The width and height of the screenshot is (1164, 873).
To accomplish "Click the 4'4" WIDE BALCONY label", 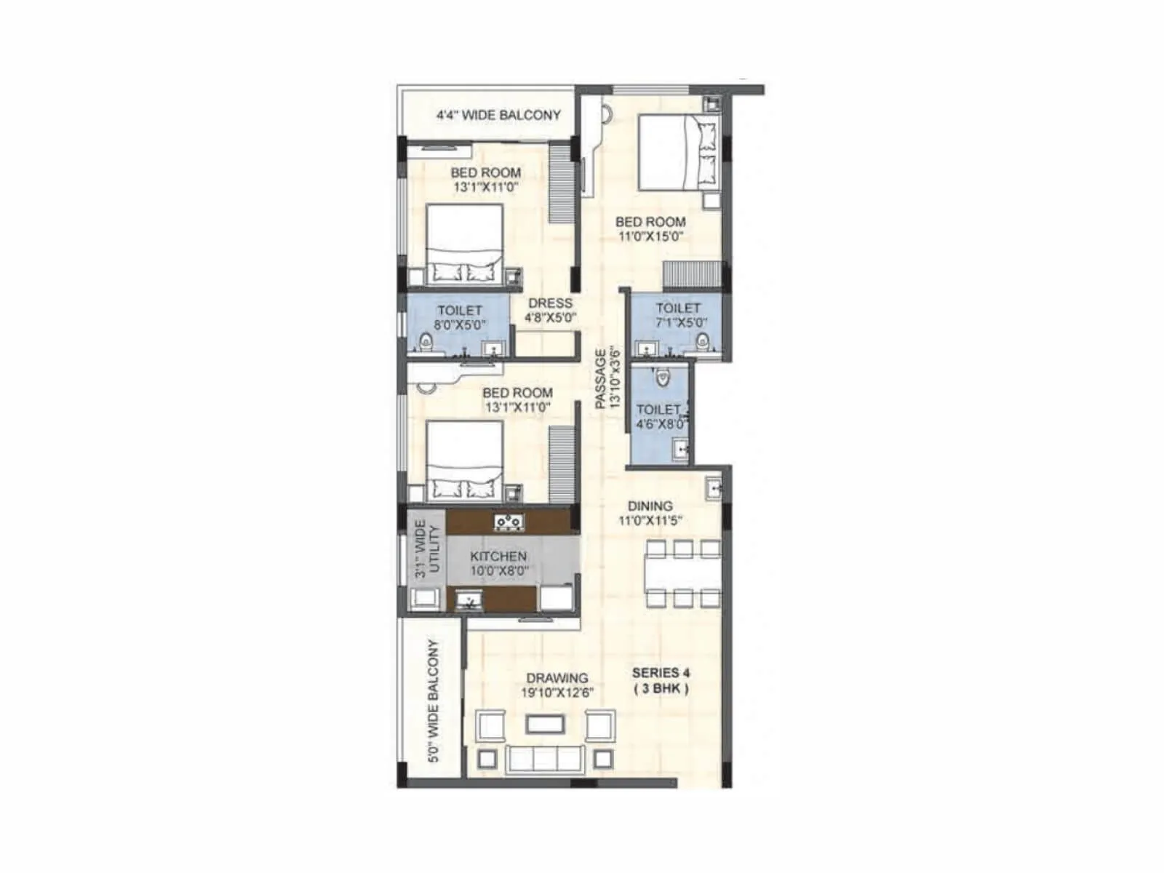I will (498, 115).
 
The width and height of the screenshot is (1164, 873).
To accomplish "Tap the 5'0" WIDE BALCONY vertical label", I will (434, 701).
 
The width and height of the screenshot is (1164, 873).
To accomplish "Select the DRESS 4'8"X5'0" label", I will (550, 310).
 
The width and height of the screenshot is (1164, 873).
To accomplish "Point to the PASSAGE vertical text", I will (607, 378).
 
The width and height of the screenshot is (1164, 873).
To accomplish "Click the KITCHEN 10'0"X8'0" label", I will (498, 563).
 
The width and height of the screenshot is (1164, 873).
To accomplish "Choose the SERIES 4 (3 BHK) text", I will (661, 680).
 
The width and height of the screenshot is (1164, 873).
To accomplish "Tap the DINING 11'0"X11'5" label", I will (650, 513).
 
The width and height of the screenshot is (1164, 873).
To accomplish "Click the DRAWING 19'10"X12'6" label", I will (558, 685).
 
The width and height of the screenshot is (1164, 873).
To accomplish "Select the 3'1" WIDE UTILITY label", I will (428, 549).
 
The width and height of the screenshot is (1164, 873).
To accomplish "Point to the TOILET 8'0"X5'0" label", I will (460, 317).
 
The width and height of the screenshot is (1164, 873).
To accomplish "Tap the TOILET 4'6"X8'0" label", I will (661, 417).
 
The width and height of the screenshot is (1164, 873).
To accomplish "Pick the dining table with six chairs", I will (682, 573).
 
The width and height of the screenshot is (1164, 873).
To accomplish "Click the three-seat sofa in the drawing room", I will (545, 758).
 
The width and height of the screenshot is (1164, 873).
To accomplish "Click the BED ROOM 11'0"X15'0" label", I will (650, 228).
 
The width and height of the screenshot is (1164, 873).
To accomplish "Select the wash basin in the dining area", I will (714, 488).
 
